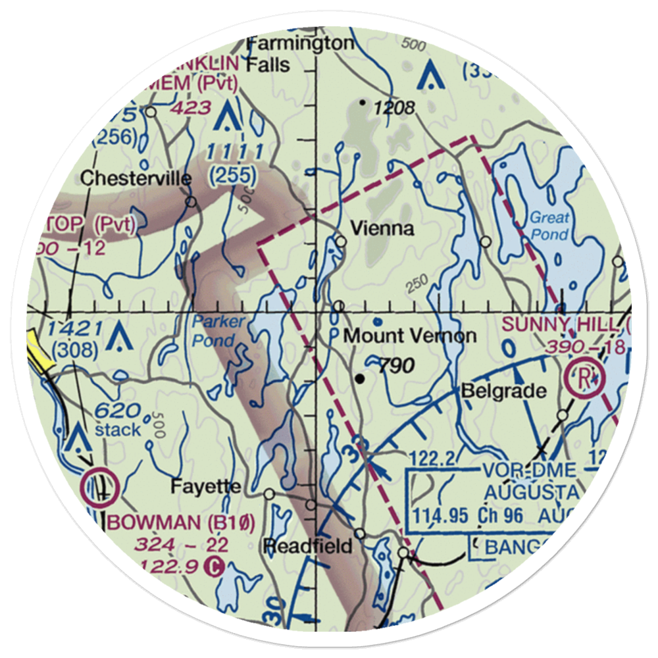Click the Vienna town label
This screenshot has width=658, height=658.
382,229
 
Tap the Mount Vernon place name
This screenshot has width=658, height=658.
411,336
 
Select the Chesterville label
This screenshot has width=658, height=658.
136,178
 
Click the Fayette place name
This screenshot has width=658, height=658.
205,488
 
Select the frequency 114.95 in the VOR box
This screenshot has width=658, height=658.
441,515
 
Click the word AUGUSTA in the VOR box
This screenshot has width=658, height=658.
531,492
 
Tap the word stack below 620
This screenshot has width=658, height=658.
118,430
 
